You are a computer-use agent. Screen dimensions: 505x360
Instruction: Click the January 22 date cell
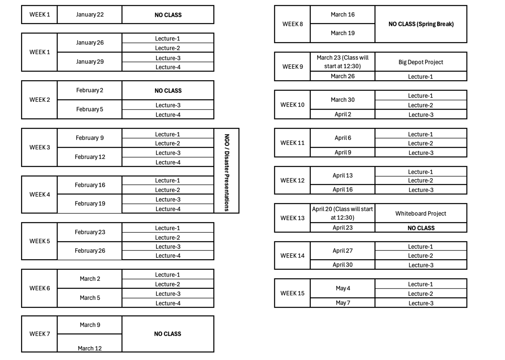(x=90, y=15)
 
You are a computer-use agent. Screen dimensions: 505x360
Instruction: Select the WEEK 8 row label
(x=293, y=24)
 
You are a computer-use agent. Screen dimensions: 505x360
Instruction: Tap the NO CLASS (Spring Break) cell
(x=421, y=24)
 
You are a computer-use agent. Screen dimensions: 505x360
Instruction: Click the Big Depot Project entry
(x=421, y=62)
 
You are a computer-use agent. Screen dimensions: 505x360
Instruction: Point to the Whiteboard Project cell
(x=421, y=214)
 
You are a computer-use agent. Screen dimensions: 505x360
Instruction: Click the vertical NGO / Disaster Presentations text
(x=227, y=173)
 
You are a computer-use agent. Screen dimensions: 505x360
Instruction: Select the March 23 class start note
(x=343, y=62)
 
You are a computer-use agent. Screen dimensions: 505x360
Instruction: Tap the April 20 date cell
(x=343, y=213)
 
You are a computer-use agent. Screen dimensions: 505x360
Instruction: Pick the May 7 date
(x=343, y=303)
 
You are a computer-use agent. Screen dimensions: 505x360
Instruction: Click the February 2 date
(x=89, y=90)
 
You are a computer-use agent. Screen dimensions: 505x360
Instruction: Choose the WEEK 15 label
(x=292, y=293)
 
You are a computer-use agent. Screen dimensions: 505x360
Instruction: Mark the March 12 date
(x=90, y=348)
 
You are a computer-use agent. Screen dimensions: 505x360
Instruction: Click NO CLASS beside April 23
(x=421, y=228)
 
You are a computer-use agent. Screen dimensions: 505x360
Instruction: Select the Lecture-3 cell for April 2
(x=421, y=115)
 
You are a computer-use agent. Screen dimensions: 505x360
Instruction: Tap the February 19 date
(x=90, y=203)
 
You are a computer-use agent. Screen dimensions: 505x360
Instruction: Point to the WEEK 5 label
(x=40, y=241)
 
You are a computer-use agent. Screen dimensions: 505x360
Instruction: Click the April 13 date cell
(x=343, y=175)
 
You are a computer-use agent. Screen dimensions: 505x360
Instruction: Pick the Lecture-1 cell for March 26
(x=421, y=77)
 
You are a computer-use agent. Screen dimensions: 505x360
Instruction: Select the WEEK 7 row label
(x=40, y=334)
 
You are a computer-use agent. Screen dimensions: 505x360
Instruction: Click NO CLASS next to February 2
(x=168, y=91)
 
